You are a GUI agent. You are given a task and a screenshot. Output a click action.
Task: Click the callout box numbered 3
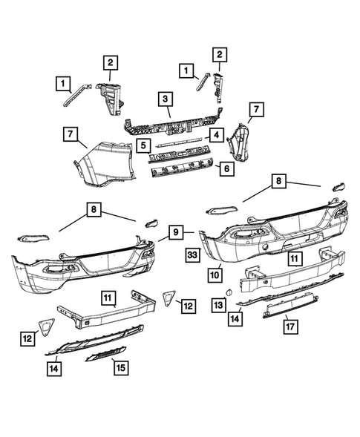165,99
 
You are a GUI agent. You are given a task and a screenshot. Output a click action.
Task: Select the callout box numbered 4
215,136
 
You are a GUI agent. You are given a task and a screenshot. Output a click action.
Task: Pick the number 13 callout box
217,303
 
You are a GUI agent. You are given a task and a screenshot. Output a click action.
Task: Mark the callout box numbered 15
119,366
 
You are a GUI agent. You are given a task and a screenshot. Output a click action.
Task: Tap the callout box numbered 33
192,254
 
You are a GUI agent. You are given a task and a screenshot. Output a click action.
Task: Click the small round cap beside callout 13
229,294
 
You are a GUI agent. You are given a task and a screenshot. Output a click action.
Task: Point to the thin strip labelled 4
178,139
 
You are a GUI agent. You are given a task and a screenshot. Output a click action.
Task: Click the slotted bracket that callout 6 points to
182,172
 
